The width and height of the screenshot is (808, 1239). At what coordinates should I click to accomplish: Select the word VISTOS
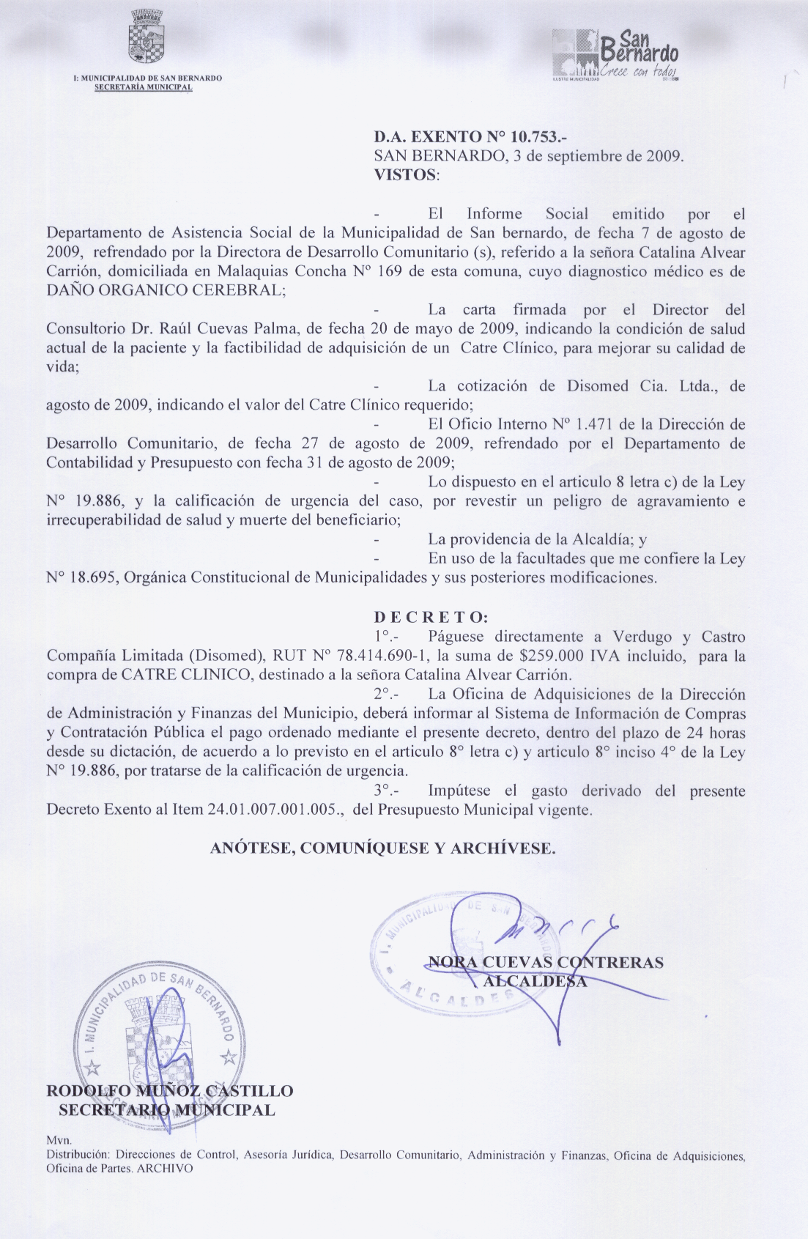click(405, 175)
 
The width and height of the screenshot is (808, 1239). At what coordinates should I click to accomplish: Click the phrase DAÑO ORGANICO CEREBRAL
click(166, 290)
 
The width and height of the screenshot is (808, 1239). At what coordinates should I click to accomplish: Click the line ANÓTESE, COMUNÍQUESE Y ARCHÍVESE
click(383, 848)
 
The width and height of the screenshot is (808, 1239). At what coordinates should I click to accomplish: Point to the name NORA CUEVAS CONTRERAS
click(546, 962)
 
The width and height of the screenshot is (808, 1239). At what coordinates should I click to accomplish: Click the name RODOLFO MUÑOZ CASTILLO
click(169, 1091)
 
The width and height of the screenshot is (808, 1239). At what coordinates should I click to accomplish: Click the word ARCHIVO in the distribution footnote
click(165, 1169)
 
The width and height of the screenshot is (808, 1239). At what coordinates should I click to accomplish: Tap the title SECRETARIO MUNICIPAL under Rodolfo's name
click(167, 1110)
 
